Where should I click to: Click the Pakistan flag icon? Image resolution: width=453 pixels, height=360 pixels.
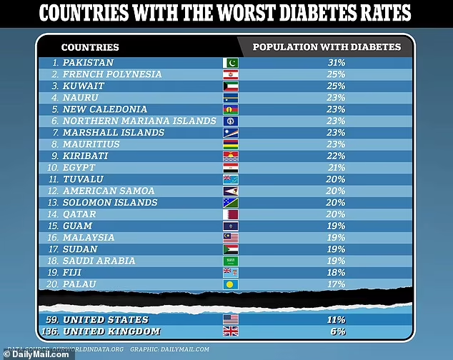231,63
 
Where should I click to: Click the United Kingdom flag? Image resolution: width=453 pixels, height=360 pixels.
231,331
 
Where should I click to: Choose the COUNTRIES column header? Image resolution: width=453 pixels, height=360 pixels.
90,47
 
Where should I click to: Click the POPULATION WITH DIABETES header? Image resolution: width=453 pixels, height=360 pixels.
327,47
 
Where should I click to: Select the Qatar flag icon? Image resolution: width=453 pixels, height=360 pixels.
231,214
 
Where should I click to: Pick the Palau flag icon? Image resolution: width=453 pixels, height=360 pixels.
231,284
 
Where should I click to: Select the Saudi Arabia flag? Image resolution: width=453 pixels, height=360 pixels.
231,261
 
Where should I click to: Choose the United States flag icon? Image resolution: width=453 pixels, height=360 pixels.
231,319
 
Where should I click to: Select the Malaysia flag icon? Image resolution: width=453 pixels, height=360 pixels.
231,237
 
